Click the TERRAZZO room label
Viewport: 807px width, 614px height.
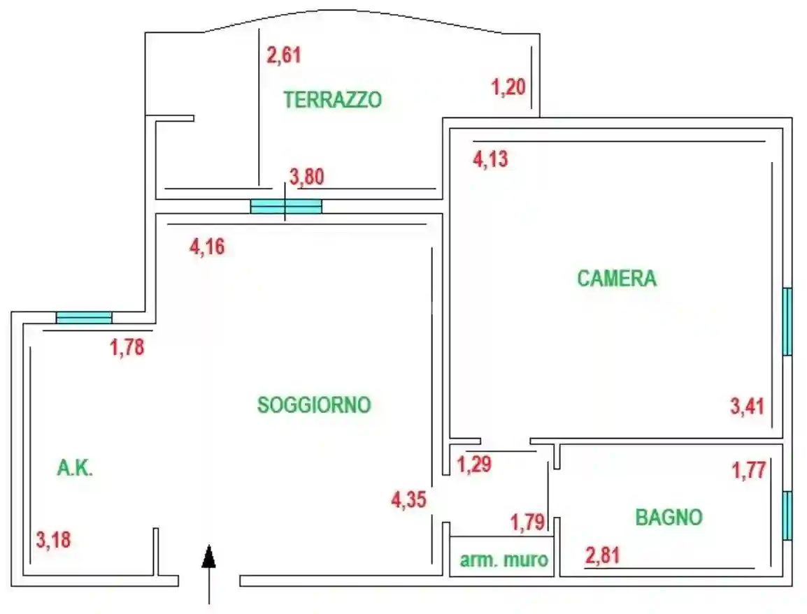333,100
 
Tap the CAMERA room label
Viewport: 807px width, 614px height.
617,279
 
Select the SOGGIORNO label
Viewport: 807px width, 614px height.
314,405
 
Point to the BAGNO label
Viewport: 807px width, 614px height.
669,518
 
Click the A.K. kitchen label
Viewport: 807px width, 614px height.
75,469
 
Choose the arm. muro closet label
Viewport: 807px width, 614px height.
504,560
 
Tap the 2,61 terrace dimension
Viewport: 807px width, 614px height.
284,54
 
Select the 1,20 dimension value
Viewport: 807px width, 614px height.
508,88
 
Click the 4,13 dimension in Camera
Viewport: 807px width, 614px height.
490,160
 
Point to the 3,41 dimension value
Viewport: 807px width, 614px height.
748,406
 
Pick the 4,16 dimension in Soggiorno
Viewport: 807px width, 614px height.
208,247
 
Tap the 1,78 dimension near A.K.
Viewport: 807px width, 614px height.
127,347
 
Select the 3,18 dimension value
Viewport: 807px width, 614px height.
54,540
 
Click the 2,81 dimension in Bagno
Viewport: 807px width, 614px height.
602,557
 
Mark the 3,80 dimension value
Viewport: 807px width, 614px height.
307,177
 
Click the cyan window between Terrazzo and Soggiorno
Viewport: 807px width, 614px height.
286,206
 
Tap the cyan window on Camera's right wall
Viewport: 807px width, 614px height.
787,321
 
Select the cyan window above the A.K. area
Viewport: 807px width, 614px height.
84,318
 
